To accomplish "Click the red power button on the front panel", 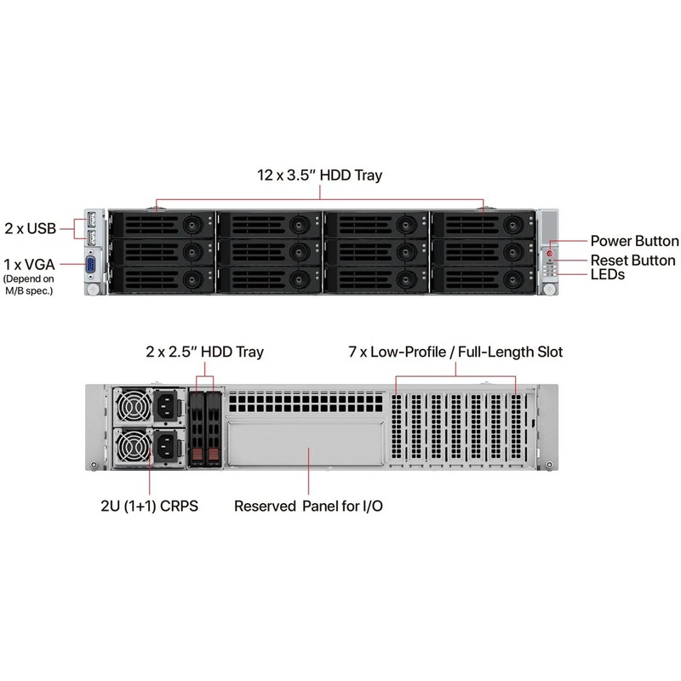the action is point(550,253).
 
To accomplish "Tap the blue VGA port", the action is point(90,265).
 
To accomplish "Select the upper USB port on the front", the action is point(91,220).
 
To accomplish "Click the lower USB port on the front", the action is point(91,238).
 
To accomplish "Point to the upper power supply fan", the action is point(133,406).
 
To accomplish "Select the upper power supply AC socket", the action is point(165,405).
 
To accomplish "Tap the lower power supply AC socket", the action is point(165,446).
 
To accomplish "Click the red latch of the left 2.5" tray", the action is point(197,455).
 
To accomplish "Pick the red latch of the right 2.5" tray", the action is point(214,455).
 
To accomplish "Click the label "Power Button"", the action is point(634,241).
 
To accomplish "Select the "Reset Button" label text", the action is point(632,260).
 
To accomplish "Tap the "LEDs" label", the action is point(608,274).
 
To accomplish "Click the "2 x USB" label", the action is point(31,228).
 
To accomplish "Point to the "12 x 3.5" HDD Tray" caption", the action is point(320,175).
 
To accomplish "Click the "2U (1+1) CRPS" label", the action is point(150,506).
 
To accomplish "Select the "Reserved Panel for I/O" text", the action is point(308,506).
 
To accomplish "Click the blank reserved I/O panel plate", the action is point(306,444).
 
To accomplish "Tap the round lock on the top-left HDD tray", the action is point(192,225).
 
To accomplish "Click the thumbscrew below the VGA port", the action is point(93,288).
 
